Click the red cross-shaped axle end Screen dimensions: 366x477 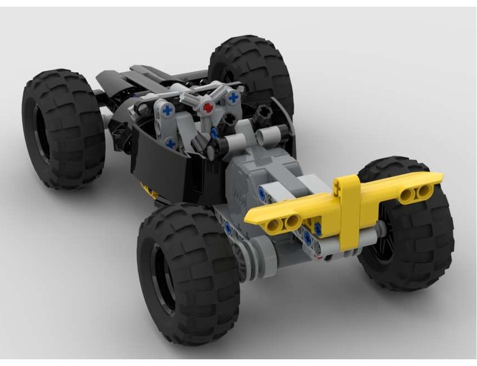coord(207,107)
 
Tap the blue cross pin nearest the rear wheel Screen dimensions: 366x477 coord(233,98)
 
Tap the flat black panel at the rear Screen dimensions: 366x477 coord(129,76)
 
